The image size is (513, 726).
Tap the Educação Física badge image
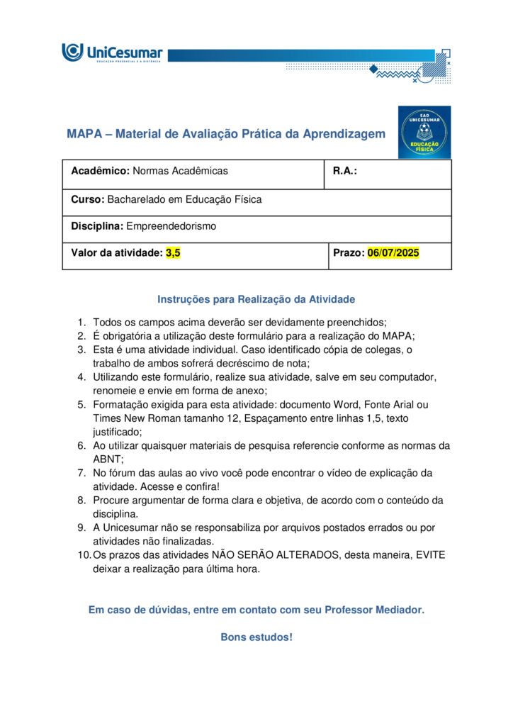point(424,132)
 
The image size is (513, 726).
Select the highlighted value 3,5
point(173,252)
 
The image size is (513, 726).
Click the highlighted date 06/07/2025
point(393,252)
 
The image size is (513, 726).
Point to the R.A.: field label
point(345,171)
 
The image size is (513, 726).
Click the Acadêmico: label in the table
point(100,171)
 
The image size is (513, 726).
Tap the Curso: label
point(88,199)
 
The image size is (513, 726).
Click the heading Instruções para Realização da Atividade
point(256,299)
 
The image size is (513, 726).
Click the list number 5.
point(81,404)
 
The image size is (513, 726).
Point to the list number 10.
point(83,555)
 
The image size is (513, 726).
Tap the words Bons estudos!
point(256,637)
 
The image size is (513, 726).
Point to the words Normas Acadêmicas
point(181,171)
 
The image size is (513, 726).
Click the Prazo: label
point(349,252)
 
